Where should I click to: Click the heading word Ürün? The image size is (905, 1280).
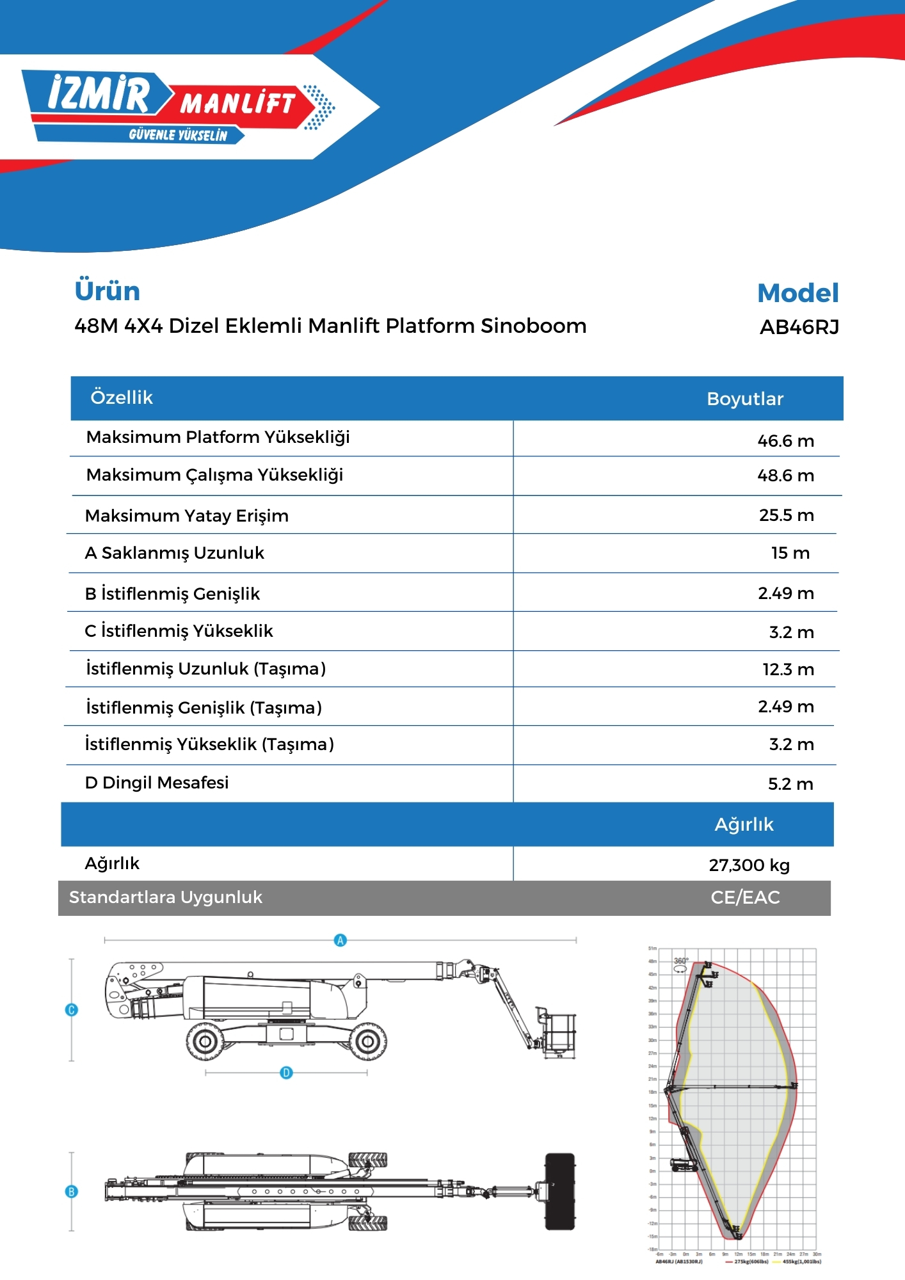[x=108, y=291]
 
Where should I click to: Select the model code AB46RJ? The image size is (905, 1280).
[x=799, y=327]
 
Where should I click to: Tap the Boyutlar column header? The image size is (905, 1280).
[x=745, y=399]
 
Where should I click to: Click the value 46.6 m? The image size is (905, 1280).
[x=785, y=441]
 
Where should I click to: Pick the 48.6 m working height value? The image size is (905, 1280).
[x=785, y=476]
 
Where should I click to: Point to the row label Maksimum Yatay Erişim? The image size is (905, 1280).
[x=187, y=516]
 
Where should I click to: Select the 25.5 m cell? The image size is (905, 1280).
[x=786, y=515]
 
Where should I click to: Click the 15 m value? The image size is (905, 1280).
[x=790, y=553]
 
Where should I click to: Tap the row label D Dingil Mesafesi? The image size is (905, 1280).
[x=157, y=783]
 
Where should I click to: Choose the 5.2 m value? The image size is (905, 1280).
[x=790, y=784]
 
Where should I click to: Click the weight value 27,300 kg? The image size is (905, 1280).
[x=749, y=865]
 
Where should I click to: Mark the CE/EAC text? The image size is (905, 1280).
[x=745, y=897]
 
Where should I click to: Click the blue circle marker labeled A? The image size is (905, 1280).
[x=340, y=940]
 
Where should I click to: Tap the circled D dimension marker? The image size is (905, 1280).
[x=287, y=1073]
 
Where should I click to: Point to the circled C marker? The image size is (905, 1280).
[x=72, y=1010]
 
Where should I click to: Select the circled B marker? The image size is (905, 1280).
[x=72, y=1192]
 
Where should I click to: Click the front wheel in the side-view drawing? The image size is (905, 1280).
[x=368, y=1041]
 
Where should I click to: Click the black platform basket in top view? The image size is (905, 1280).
[x=560, y=1191]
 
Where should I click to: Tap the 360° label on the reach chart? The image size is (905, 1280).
[x=681, y=961]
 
